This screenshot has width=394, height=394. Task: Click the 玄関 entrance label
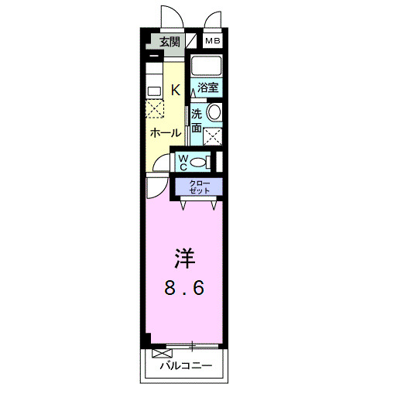click(x=169, y=43)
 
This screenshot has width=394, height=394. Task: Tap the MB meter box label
click(x=212, y=42)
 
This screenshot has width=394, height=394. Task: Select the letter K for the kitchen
click(x=175, y=90)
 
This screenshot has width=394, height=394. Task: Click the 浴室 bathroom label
click(x=207, y=88)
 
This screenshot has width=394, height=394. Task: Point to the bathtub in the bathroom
click(x=206, y=65)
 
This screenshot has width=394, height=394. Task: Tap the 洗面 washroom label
click(x=197, y=120)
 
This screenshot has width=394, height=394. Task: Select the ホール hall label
click(x=165, y=132)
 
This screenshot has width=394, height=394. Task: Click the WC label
click(x=183, y=162)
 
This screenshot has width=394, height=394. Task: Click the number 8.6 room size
click(x=184, y=289)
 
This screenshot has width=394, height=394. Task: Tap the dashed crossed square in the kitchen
click(x=155, y=109)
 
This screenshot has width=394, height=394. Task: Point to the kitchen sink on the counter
click(x=153, y=90)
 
